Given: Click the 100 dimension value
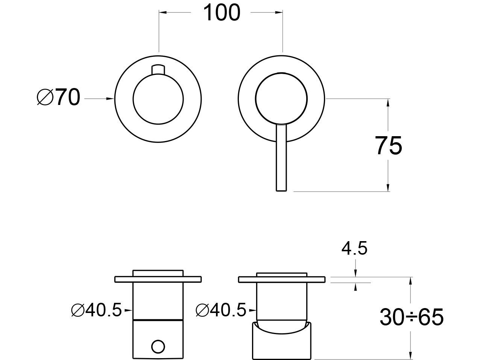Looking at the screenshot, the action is tap(222, 13).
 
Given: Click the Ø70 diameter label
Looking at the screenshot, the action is tap(58, 97).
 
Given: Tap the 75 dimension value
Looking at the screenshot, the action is tap(389, 146).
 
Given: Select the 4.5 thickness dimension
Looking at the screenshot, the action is tap(354, 249).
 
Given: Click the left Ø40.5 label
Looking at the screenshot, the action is tap(96, 310).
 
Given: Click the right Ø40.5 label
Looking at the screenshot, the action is tap(221, 310).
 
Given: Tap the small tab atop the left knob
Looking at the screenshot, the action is tap(158, 70).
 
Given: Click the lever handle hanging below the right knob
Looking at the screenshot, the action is tap(281, 158).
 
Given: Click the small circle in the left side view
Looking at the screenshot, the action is tap(158, 346).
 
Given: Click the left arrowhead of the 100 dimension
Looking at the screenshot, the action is tap(163, 12).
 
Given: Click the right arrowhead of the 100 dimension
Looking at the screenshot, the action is tap(279, 12).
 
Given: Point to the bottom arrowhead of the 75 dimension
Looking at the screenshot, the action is tap(388, 188).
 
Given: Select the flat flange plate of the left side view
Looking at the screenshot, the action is tap(158, 279).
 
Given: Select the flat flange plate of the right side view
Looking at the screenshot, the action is tap(282, 279).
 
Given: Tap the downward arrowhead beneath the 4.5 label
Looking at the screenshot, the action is tap(355, 273).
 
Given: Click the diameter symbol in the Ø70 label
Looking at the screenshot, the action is tap(45, 97).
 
